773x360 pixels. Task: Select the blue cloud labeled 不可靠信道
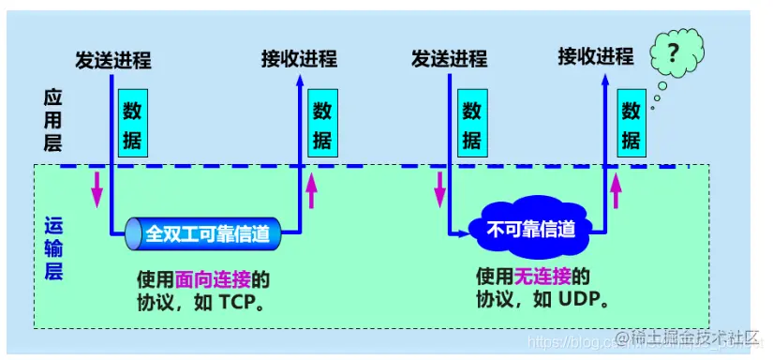click(x=529, y=229)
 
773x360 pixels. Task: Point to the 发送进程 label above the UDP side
click(x=449, y=59)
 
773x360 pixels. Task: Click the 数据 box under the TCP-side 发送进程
click(x=132, y=126)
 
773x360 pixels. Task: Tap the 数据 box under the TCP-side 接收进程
click(x=321, y=126)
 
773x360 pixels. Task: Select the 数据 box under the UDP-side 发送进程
click(x=471, y=126)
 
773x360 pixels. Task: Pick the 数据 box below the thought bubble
click(x=631, y=126)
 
